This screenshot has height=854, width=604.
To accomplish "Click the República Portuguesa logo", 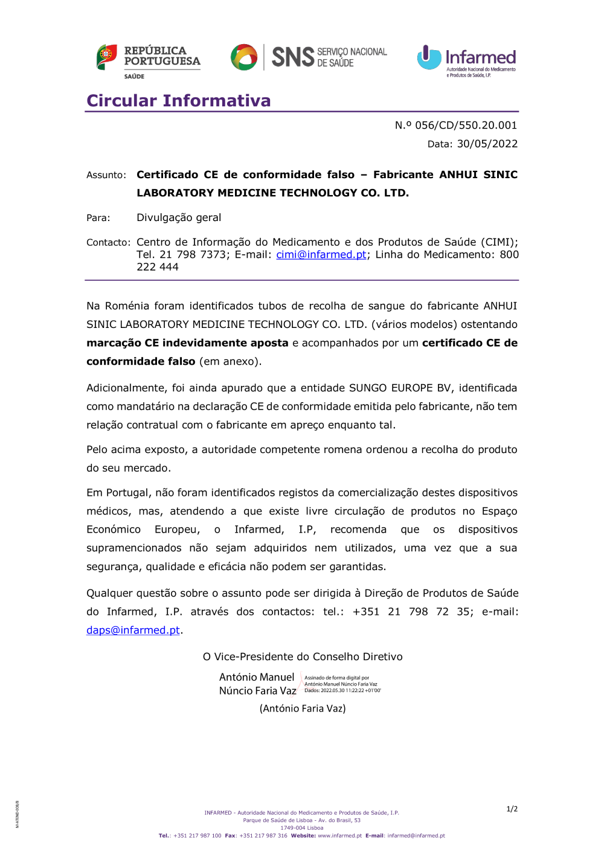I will click(149, 60).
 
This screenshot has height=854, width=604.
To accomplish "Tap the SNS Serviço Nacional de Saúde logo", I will click(309, 57).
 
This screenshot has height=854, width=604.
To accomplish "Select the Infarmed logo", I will click(466, 60).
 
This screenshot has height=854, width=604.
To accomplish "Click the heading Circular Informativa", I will click(179, 100).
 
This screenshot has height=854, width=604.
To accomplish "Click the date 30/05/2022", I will click(487, 144).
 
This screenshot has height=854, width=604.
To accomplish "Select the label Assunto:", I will click(106, 175).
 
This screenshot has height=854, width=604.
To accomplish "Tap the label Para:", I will click(98, 218).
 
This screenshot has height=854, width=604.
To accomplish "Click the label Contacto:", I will click(108, 243).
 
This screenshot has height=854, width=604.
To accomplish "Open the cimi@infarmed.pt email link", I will click(321, 255).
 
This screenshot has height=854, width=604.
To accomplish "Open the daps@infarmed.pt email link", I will click(133, 631).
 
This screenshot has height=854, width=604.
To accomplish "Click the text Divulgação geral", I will click(179, 217).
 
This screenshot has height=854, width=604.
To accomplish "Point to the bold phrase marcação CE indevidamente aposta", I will click(187, 343).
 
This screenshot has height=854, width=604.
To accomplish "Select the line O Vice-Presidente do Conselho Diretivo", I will click(303, 657).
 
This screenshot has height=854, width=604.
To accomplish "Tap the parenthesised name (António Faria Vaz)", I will click(303, 708).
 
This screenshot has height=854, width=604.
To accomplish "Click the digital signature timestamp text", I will click(342, 690).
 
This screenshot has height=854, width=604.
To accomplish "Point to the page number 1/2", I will click(512, 809).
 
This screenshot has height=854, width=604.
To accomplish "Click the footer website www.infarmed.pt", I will click(339, 836).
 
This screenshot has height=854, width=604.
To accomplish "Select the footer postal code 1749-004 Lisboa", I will click(301, 828).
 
